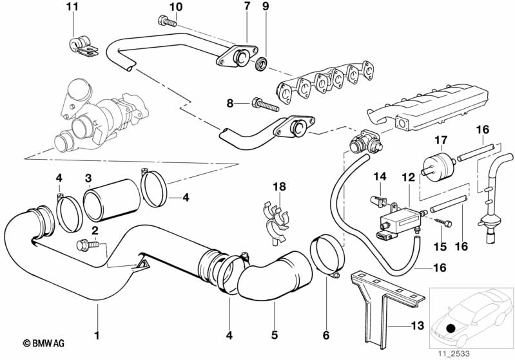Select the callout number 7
pos(246,7)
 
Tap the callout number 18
pos(278,187)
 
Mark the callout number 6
pos(326,335)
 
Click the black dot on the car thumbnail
pos(449,328)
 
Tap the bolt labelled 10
pos(166,23)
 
